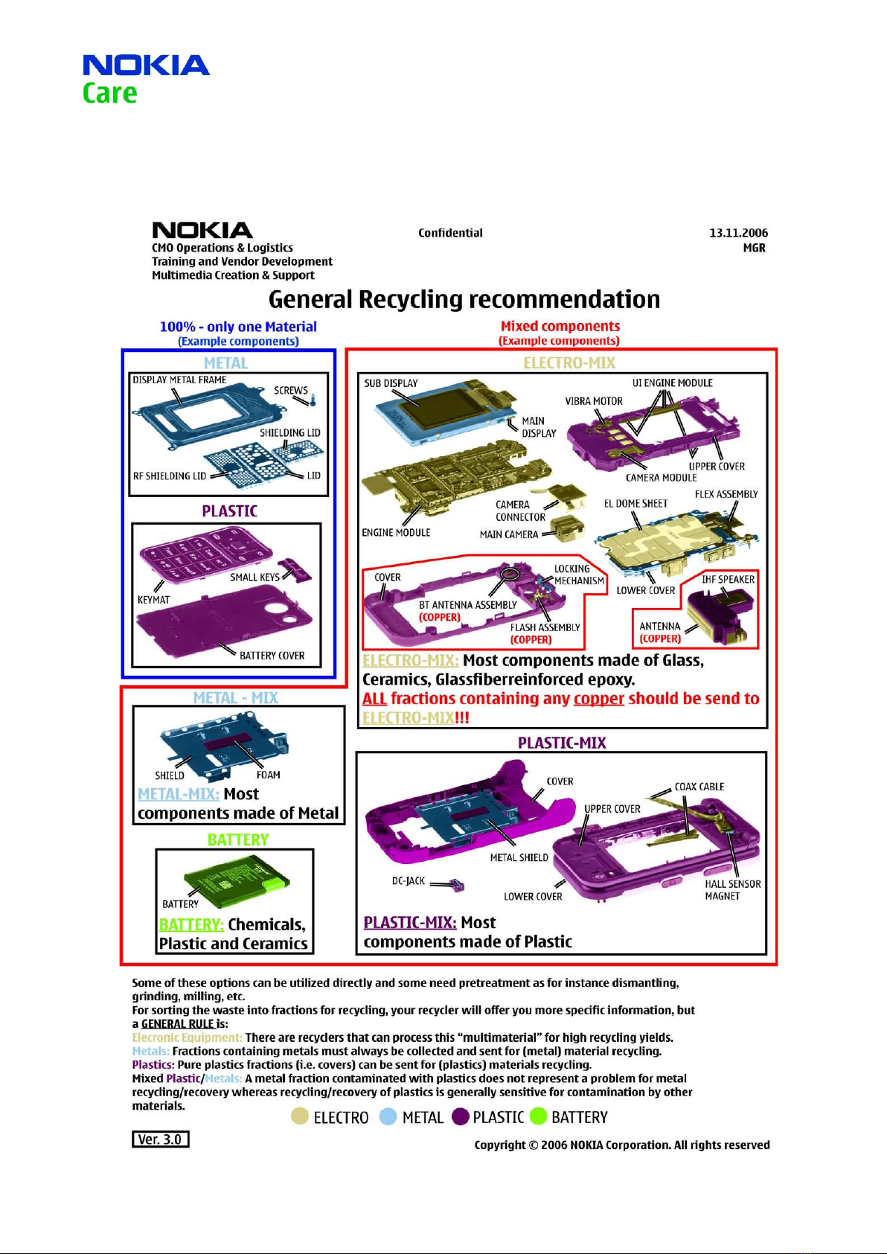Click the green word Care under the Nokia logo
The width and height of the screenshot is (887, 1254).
tap(109, 93)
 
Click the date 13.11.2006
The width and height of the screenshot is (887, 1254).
tap(738, 233)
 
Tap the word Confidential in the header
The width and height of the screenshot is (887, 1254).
tap(450, 233)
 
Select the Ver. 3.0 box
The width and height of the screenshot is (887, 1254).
tap(161, 1139)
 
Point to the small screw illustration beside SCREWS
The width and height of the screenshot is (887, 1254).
tap(313, 400)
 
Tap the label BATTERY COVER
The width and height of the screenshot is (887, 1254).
tap(272, 656)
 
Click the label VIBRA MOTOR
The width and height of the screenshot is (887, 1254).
tap(593, 401)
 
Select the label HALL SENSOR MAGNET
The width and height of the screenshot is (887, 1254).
tap(732, 889)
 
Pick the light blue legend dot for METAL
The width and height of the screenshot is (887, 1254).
tap(388, 1116)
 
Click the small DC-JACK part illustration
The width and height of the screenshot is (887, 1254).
tap(458, 886)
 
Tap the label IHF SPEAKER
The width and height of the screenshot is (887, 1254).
tap(728, 580)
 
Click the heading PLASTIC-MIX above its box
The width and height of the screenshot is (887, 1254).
tap(561, 743)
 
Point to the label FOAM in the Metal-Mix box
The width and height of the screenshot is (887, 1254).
tap(268, 775)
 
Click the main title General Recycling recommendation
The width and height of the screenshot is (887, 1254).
tap(464, 299)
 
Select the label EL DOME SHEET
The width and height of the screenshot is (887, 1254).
tap(635, 503)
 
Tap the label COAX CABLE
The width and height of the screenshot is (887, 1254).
tap(699, 787)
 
